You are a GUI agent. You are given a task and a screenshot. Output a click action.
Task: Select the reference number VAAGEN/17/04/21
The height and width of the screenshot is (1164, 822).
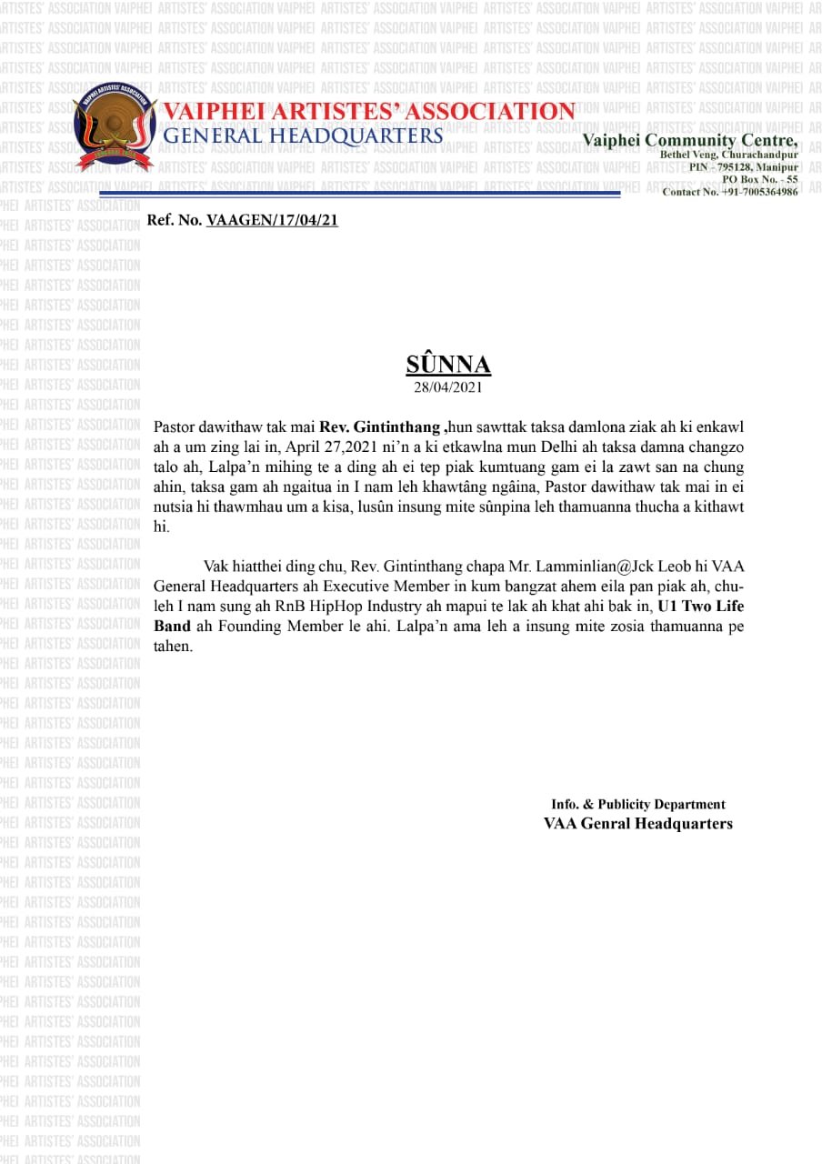(x=272, y=220)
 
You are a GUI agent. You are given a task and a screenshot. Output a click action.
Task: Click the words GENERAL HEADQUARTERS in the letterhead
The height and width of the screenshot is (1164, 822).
(x=303, y=135)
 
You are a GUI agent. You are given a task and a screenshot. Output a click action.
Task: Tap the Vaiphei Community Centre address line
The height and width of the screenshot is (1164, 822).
(x=690, y=140)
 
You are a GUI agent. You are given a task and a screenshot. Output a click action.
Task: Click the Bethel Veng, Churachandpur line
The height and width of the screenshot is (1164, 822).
(x=728, y=156)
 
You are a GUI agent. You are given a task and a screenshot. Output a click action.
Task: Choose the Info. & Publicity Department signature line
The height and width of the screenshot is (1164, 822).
(x=637, y=804)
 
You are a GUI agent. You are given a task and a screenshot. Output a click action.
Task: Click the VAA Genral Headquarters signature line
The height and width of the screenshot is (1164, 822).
(x=637, y=824)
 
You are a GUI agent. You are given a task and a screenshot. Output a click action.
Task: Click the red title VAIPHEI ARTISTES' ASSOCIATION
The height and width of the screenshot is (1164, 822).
(x=368, y=112)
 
